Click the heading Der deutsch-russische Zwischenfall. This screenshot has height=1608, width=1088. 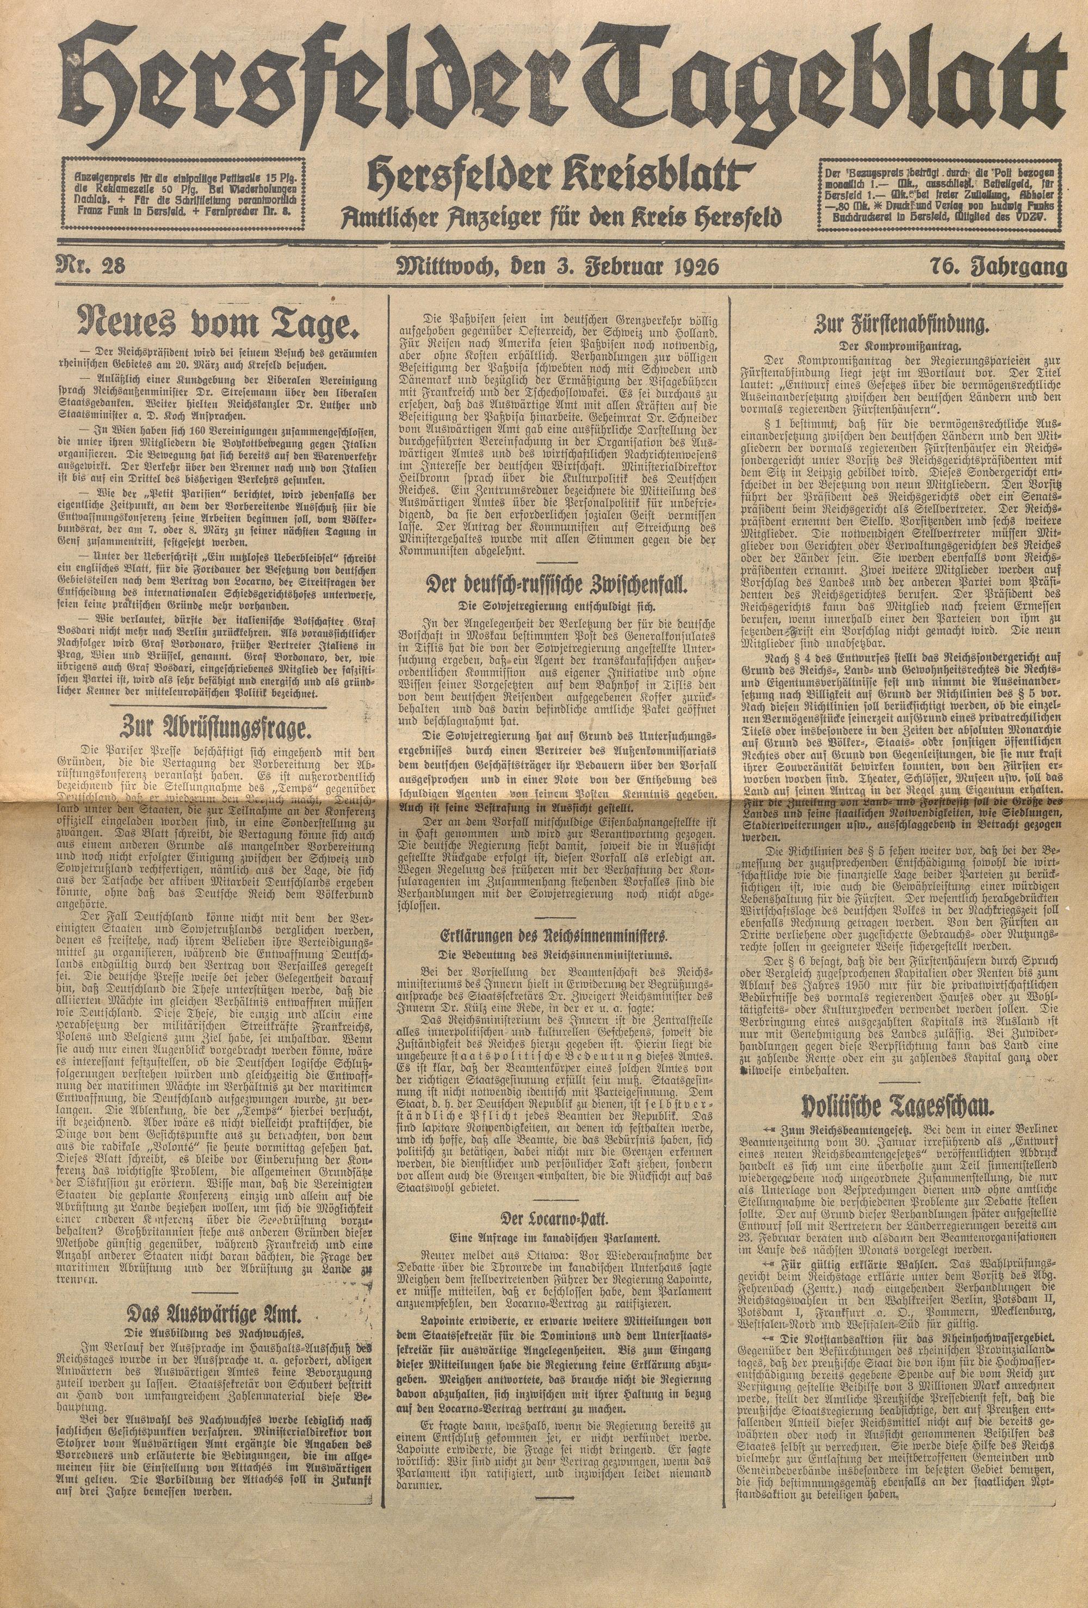[557, 584]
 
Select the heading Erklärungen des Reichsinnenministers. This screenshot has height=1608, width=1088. [557, 936]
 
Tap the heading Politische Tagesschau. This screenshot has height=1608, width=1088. [906, 1107]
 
